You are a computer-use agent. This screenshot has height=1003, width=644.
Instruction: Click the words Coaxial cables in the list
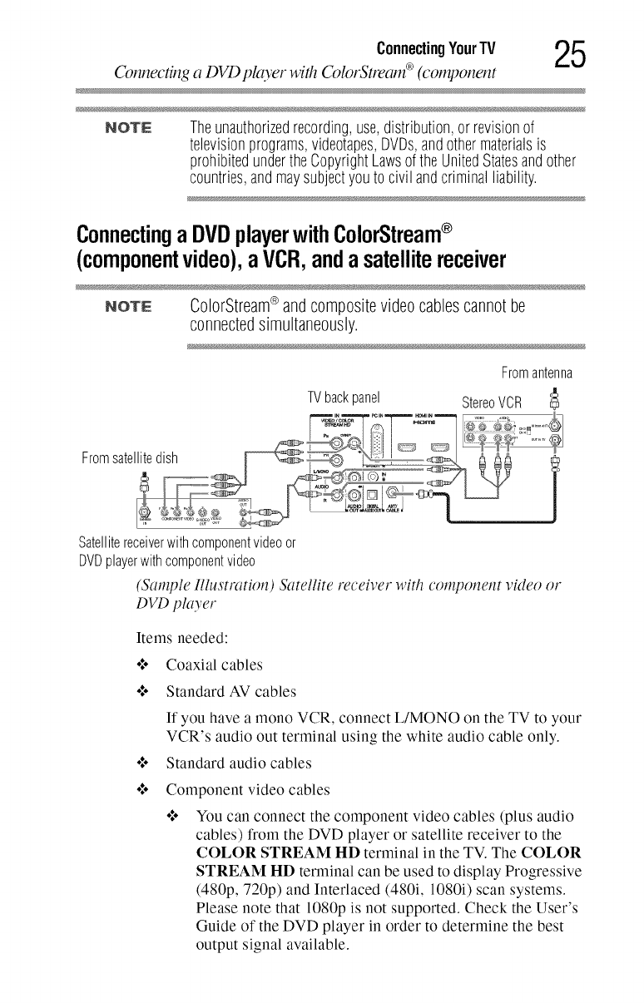(x=215, y=664)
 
